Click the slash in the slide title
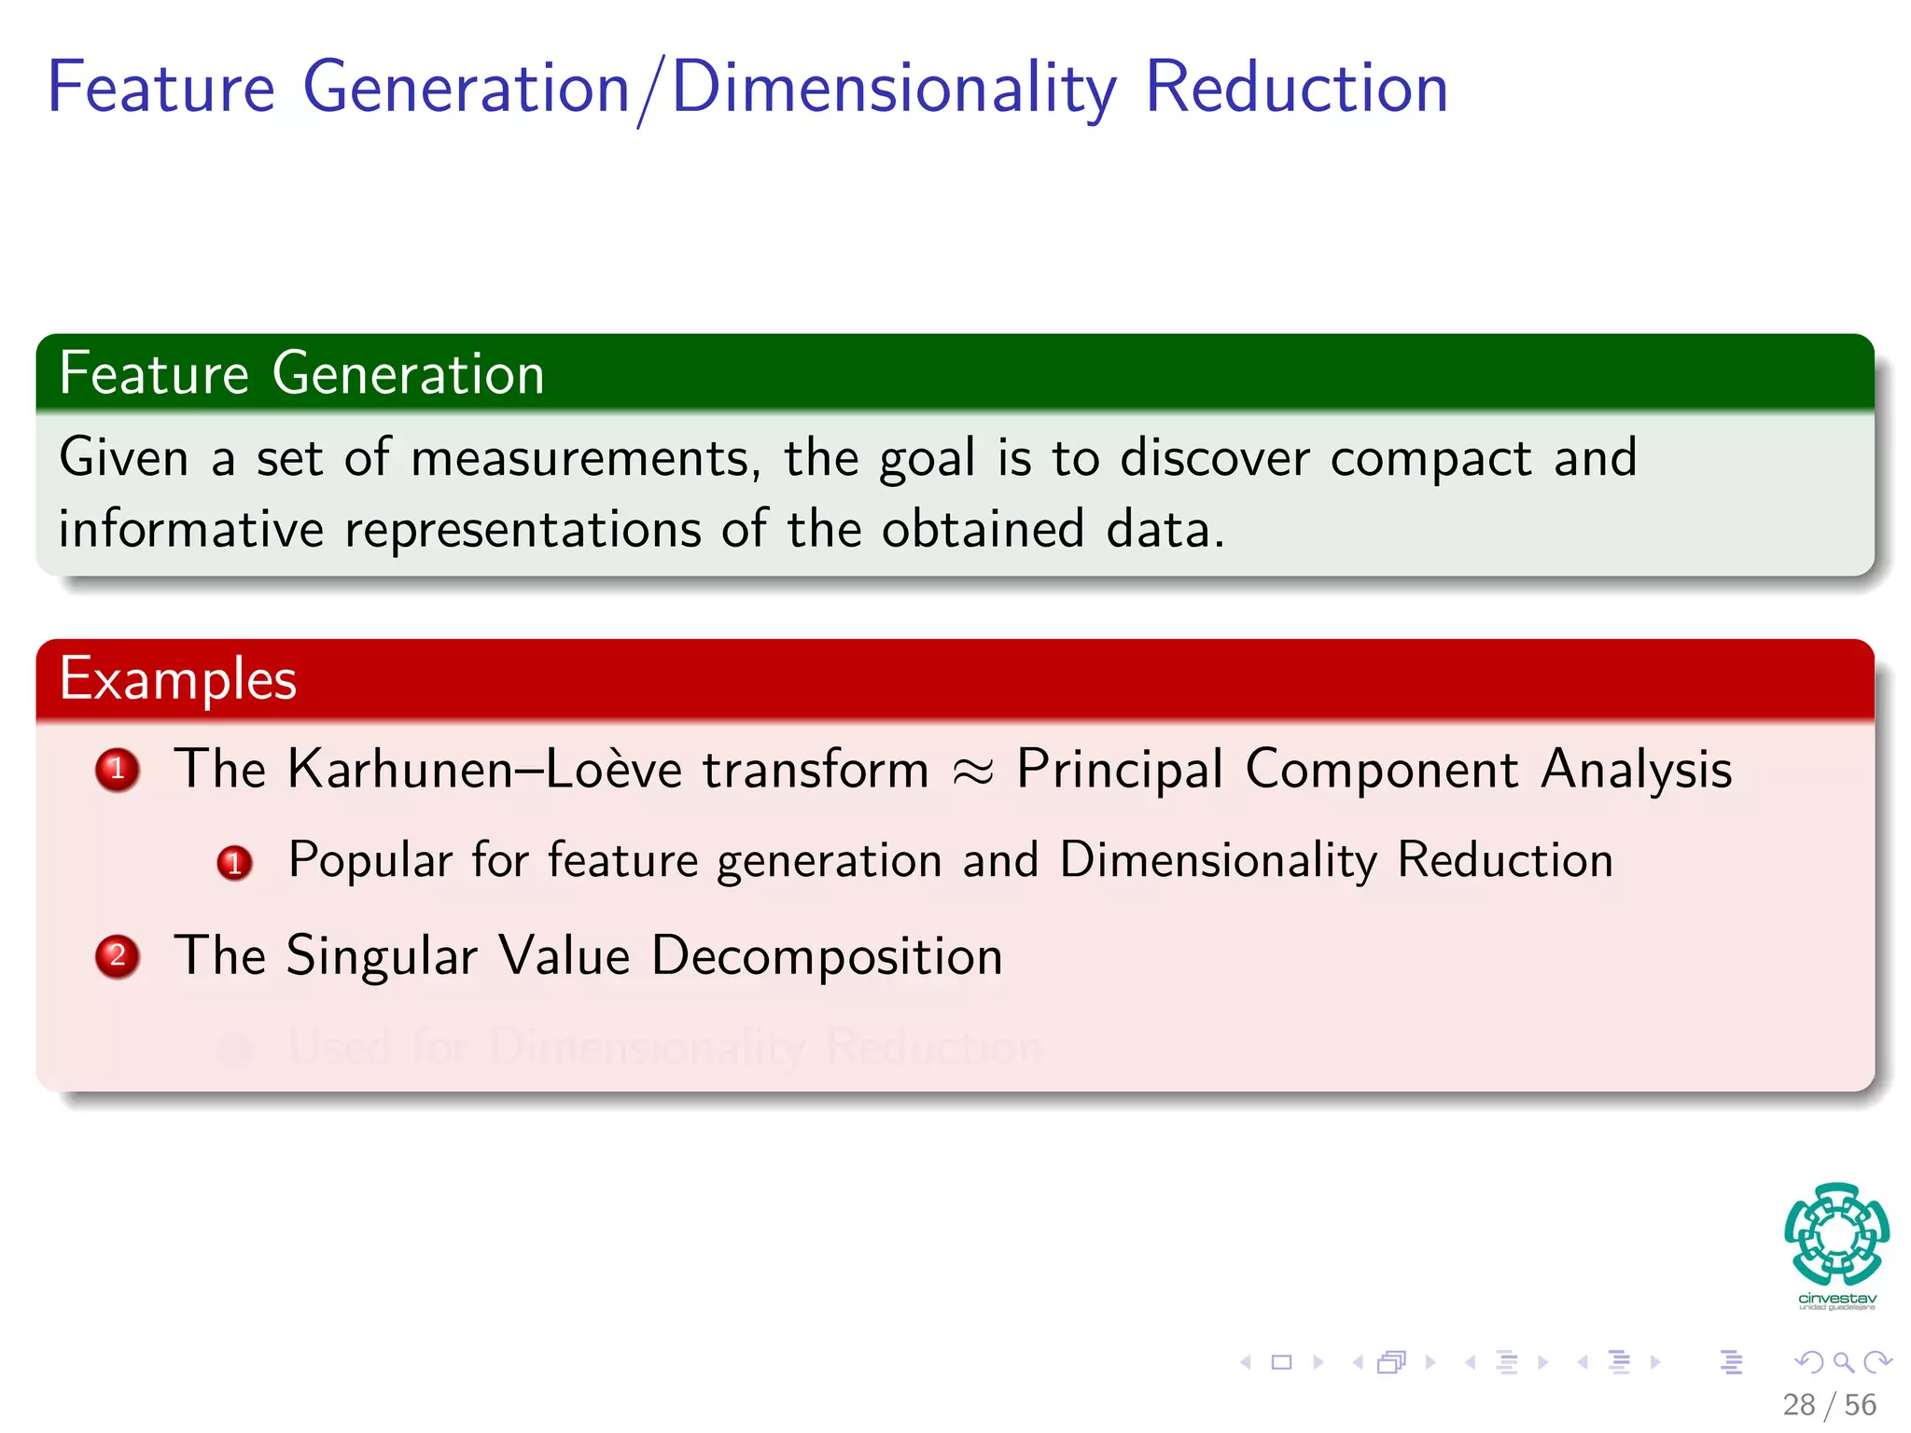(x=650, y=90)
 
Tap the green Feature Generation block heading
(x=301, y=374)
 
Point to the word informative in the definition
(x=191, y=530)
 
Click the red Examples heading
(x=177, y=679)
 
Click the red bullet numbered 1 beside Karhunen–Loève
(x=118, y=770)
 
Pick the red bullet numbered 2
(x=118, y=956)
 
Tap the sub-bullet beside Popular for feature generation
(x=234, y=862)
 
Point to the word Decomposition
(x=826, y=956)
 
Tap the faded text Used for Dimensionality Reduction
(x=664, y=1047)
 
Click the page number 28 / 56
(x=1828, y=1404)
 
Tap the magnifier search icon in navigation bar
(x=1842, y=1362)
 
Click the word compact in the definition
(x=1430, y=459)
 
